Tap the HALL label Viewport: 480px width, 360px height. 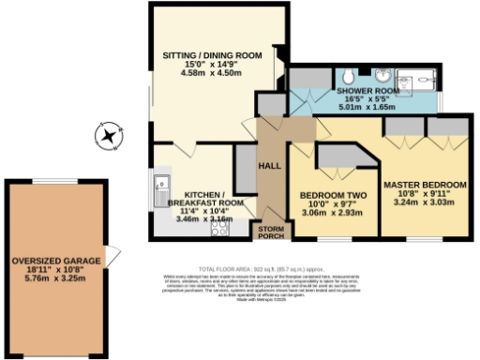coord(271,166)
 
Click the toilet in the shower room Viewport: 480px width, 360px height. coord(348,74)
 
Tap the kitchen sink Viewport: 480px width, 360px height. coord(160,187)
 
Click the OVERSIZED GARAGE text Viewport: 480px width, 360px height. coord(55,260)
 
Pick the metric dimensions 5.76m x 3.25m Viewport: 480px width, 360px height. coord(55,278)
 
